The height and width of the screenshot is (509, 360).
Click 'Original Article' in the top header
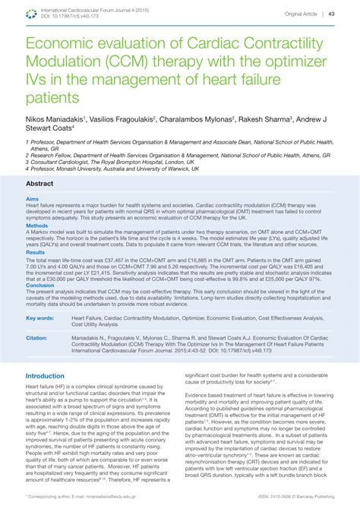click(302, 14)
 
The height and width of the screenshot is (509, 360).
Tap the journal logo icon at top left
click(32, 12)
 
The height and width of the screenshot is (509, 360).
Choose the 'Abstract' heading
click(40, 184)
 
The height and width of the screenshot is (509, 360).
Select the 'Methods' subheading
click(37, 226)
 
